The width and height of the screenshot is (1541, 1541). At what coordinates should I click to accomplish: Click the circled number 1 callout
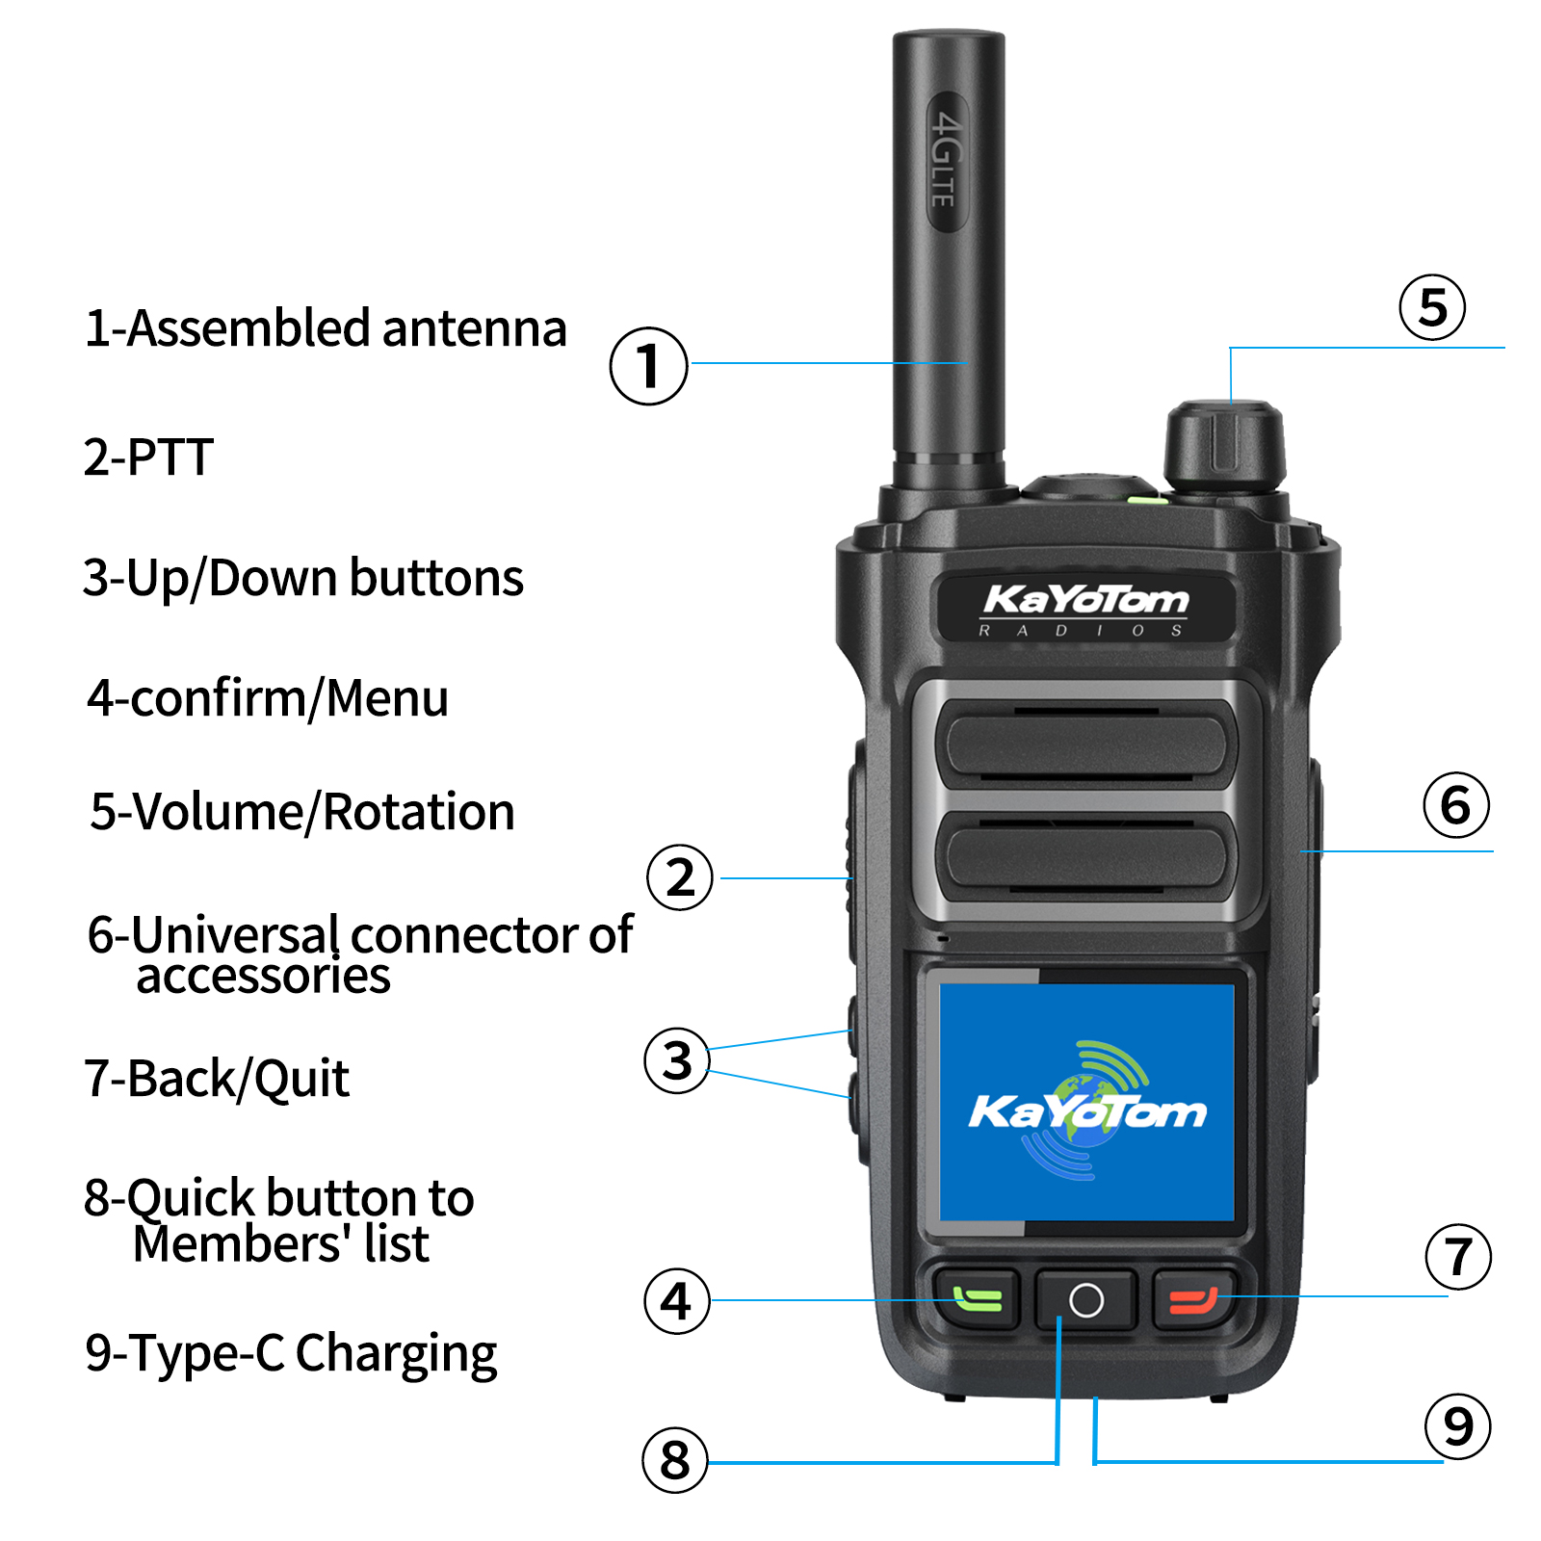coord(648,366)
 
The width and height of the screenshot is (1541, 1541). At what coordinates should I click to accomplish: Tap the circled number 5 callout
coord(1432,307)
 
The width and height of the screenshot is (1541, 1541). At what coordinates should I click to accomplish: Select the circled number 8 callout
coord(674,1460)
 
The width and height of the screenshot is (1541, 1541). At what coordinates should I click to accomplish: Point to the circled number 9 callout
coord(1457,1426)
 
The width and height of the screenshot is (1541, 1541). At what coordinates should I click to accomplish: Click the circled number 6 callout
coord(1455,805)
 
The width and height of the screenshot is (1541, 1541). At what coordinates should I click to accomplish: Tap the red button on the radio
coord(1193,1301)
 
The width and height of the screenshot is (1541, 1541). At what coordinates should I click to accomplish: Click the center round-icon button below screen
coord(1085,1300)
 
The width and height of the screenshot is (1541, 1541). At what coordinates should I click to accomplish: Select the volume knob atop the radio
coord(1224,446)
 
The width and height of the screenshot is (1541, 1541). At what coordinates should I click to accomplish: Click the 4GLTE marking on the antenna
coord(946,160)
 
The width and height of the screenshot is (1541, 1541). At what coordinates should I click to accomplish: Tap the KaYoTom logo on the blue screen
coord(1086,1111)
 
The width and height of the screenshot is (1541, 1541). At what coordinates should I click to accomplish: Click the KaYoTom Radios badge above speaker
coord(1085,608)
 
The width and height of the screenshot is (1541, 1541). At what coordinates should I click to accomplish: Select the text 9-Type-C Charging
coord(291,1353)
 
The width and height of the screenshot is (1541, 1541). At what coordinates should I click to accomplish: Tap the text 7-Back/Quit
coord(217,1078)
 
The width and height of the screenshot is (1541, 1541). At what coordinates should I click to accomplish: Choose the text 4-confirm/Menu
coord(268,698)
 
